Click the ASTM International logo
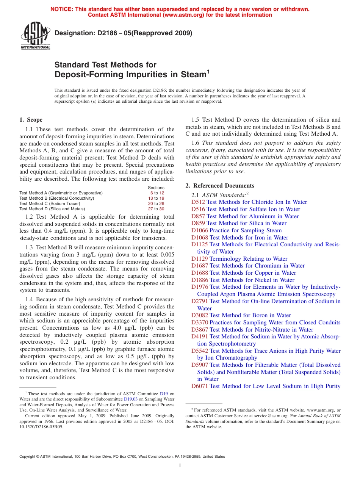click(35, 36)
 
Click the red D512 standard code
click(198, 202)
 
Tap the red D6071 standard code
click(200, 386)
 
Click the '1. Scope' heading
click(31, 120)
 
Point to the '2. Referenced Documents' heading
click(220, 186)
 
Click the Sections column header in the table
click(156, 188)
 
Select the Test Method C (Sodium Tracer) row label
click(50, 203)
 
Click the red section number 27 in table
click(150, 209)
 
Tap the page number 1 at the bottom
click(180, 465)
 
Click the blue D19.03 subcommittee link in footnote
click(130, 399)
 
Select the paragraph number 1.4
click(29, 300)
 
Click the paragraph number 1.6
click(195, 143)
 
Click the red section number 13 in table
click(150, 198)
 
